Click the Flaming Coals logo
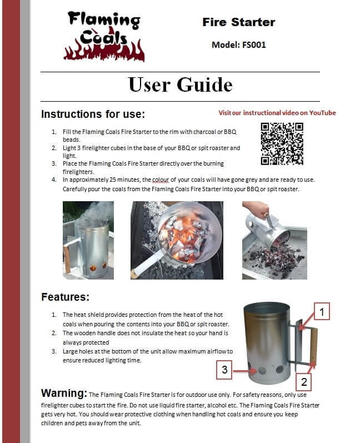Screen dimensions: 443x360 point(104,36)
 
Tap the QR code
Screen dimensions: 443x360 point(282,143)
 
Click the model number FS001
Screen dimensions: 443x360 point(239,44)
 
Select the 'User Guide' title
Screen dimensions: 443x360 point(180,84)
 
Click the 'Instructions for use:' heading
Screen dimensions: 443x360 point(93,114)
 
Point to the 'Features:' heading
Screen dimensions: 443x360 point(65,297)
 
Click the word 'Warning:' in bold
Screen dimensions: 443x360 point(64,394)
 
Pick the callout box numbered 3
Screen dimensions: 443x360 point(223,369)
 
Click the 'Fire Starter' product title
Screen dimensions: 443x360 point(238,22)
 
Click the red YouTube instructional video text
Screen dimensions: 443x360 point(277,113)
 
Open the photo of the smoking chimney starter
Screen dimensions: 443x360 point(89,240)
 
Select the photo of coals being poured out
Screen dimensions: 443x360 point(274,240)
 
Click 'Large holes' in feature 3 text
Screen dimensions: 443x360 point(79,352)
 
